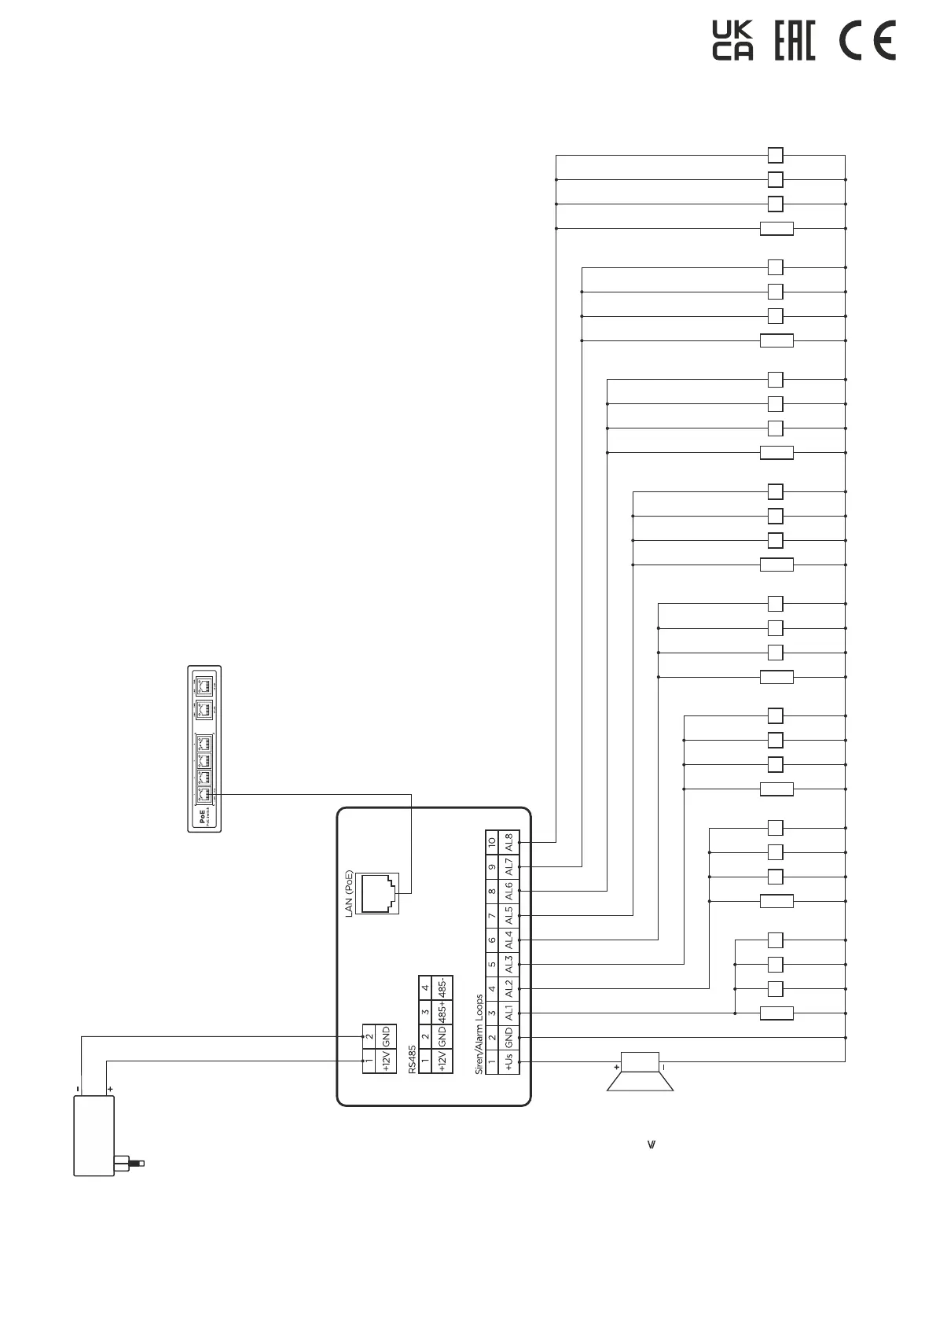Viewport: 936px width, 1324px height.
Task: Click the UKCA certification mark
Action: [x=732, y=41]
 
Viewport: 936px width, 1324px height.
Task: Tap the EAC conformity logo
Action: [x=794, y=41]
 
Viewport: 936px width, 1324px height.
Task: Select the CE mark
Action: [x=867, y=41]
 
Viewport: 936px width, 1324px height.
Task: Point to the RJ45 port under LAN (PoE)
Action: [x=378, y=893]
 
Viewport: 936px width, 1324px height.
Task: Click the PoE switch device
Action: [x=205, y=748]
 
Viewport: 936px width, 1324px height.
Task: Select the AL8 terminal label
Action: [x=509, y=842]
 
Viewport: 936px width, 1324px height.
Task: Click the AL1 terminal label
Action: [x=509, y=1013]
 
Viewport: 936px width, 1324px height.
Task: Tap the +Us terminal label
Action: [x=509, y=1062]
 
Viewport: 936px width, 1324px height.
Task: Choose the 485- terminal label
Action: [x=442, y=988]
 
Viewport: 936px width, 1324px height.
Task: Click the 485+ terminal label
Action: [x=442, y=1013]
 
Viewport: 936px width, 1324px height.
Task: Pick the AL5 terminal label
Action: [x=509, y=915]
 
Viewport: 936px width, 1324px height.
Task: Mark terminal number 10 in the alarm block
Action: [x=492, y=842]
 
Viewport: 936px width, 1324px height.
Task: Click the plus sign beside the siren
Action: [x=616, y=1067]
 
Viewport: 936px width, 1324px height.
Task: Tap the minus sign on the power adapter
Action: [x=78, y=1090]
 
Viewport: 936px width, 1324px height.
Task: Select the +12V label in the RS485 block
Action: [x=442, y=1061]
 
